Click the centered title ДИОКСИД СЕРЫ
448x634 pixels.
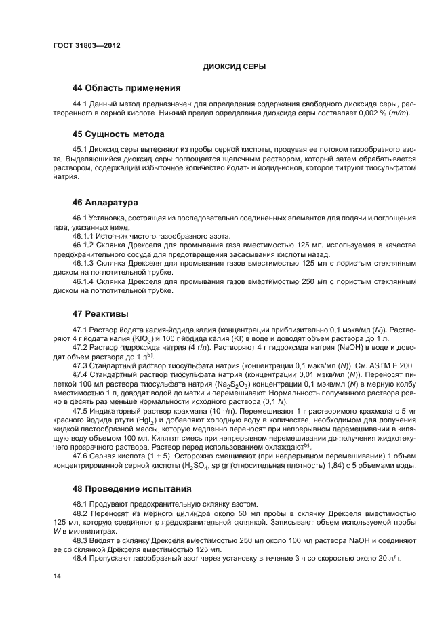pyautogui.click(x=235, y=66)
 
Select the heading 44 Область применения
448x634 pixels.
pyautogui.click(x=126, y=87)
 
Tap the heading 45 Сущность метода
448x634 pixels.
pyautogui.click(x=118, y=134)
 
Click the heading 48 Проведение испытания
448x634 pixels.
pyautogui.click(x=132, y=488)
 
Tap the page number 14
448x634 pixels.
pyautogui.click(x=56, y=576)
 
